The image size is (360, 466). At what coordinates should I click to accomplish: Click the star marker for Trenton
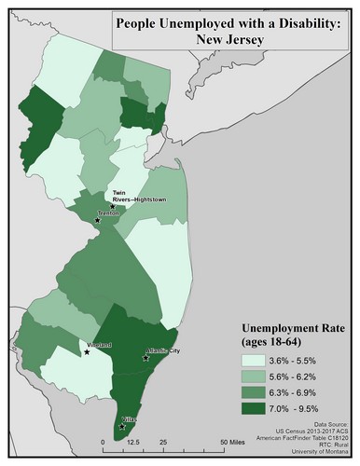97,220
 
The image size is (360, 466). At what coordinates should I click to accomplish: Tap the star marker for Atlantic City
145,358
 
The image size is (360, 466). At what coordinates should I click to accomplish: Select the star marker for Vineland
87,352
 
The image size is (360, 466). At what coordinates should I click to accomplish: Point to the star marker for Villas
122,427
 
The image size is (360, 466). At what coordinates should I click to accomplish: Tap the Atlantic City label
159,350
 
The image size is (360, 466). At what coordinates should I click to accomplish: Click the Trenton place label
110,212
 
